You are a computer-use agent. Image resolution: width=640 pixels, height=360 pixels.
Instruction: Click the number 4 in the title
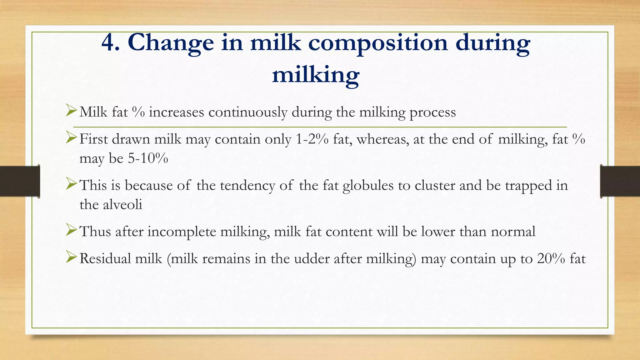coord(110,43)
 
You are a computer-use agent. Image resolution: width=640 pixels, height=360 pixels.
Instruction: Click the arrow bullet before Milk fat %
coord(71,111)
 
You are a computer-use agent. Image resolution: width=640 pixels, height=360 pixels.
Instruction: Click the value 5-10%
coord(148,159)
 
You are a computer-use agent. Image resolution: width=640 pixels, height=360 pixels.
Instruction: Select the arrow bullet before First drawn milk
coord(71,138)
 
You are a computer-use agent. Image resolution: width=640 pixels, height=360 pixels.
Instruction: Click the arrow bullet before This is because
coord(71,184)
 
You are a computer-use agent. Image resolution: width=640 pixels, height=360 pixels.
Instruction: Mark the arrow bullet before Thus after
coord(71,231)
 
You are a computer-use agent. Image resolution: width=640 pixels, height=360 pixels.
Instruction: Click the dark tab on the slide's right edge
coord(620,181)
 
